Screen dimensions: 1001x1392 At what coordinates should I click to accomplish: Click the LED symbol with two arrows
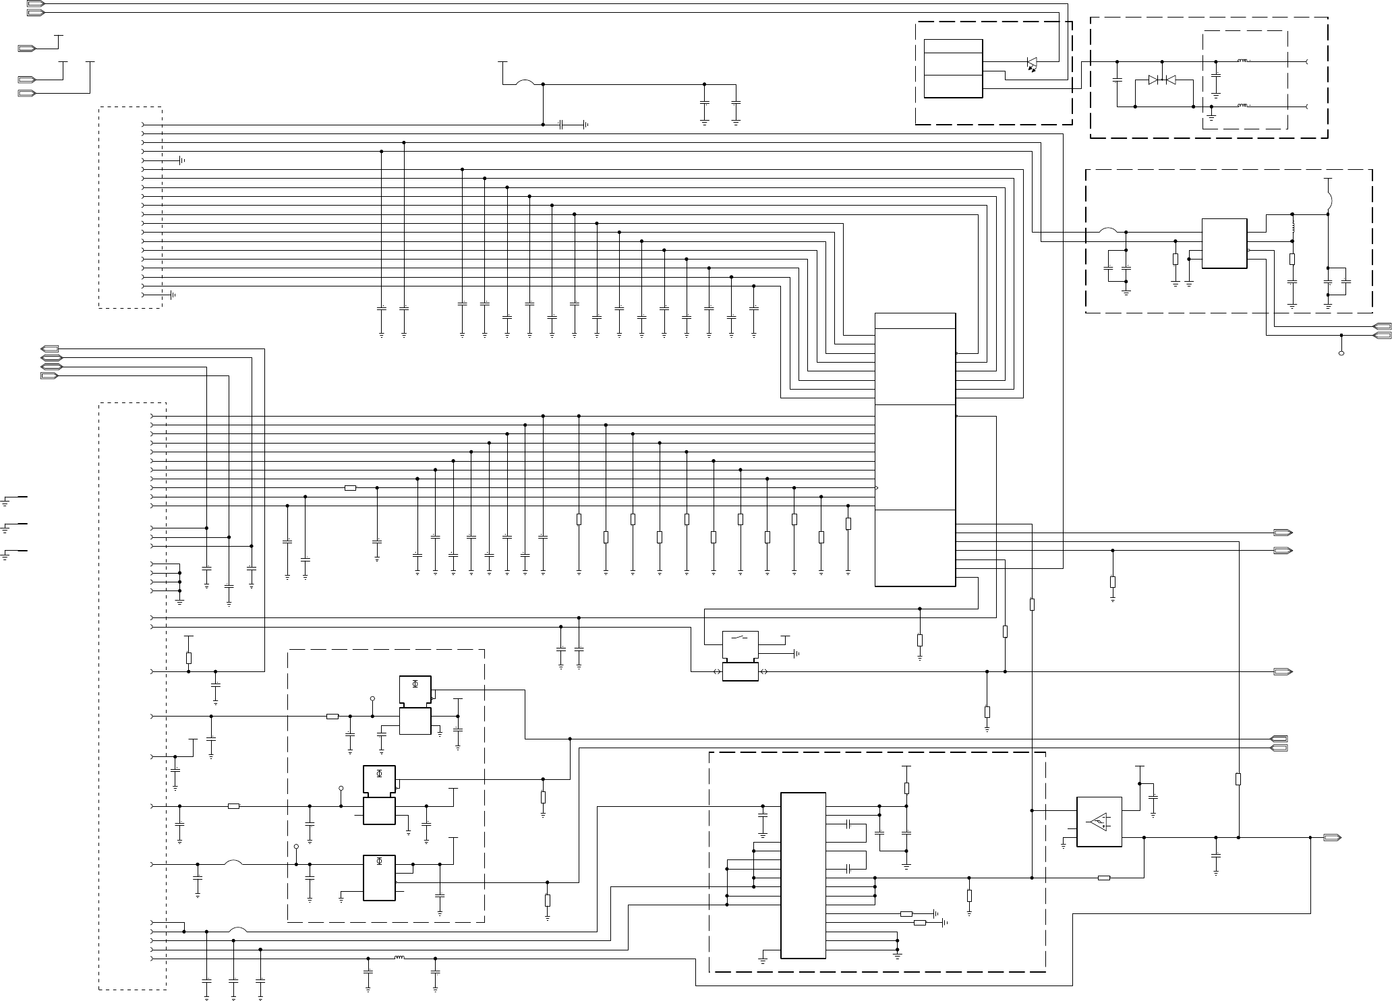click(1032, 63)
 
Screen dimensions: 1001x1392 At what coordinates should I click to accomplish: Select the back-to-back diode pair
click(1161, 80)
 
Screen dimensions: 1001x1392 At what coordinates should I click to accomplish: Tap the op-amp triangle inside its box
click(1099, 822)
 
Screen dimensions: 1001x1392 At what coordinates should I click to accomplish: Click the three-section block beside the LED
click(952, 68)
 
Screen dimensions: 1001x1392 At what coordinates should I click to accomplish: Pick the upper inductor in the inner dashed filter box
click(1244, 62)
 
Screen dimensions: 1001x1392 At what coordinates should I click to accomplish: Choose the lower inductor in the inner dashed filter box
click(1244, 107)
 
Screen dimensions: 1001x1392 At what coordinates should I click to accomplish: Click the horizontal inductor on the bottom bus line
click(399, 958)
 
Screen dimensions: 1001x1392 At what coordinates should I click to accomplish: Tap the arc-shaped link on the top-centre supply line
click(525, 83)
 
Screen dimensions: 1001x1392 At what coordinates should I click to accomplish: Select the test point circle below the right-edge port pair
click(1341, 353)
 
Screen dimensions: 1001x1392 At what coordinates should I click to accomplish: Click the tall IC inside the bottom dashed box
click(803, 874)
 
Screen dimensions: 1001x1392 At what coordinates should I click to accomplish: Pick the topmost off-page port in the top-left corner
click(35, 4)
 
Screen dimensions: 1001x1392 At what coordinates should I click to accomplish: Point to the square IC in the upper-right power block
click(1224, 243)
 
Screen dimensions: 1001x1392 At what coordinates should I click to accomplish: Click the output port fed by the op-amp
click(1332, 838)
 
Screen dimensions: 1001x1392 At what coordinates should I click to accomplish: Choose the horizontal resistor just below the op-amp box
click(1104, 878)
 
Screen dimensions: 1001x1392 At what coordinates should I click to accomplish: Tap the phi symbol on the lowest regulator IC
click(379, 862)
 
